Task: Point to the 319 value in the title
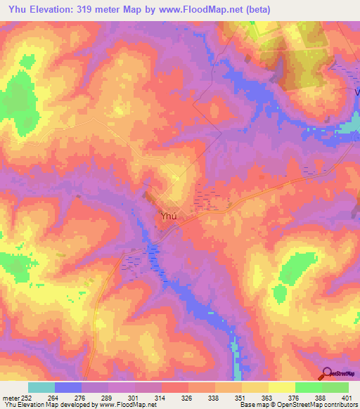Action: tap(96, 9)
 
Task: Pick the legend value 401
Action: tap(348, 397)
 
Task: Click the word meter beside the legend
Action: tap(10, 397)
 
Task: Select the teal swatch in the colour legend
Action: tap(41, 387)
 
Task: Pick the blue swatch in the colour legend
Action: tap(67, 387)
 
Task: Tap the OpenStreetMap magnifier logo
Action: tap(327, 373)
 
